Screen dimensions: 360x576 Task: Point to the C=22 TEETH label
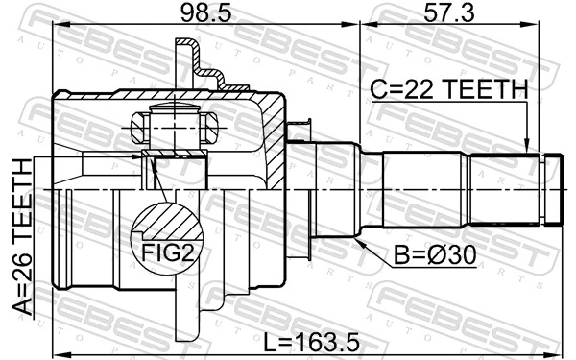coord(448,89)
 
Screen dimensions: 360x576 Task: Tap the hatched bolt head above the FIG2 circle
coord(140,126)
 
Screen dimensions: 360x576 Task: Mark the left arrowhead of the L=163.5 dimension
coord(56,349)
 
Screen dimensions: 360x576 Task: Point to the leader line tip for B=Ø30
coord(357,239)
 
